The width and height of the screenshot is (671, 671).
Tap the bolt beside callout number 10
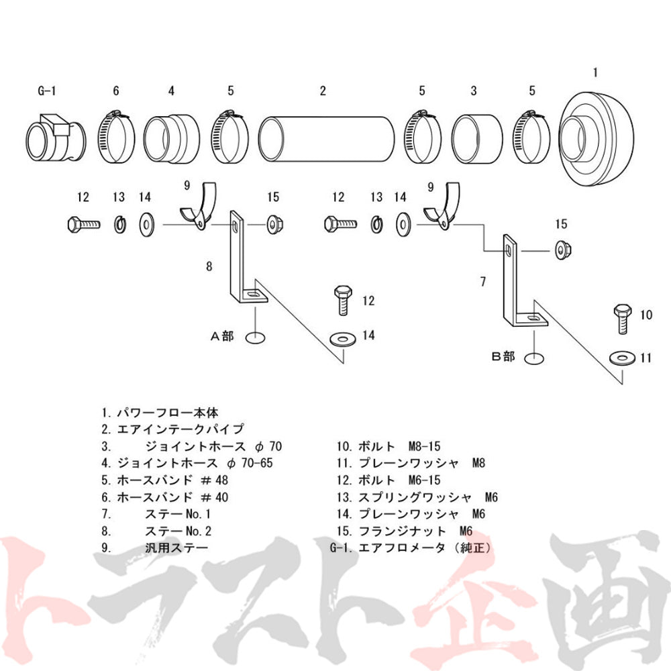click(622, 318)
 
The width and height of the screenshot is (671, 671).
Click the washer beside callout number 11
click(621, 358)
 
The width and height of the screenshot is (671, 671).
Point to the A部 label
click(222, 336)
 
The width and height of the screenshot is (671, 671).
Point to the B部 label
click(503, 356)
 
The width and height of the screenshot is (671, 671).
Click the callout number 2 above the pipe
click(323, 91)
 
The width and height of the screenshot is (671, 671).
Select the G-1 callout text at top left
click(47, 91)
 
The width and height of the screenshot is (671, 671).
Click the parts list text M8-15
click(424, 446)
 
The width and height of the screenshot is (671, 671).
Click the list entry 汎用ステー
click(176, 548)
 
